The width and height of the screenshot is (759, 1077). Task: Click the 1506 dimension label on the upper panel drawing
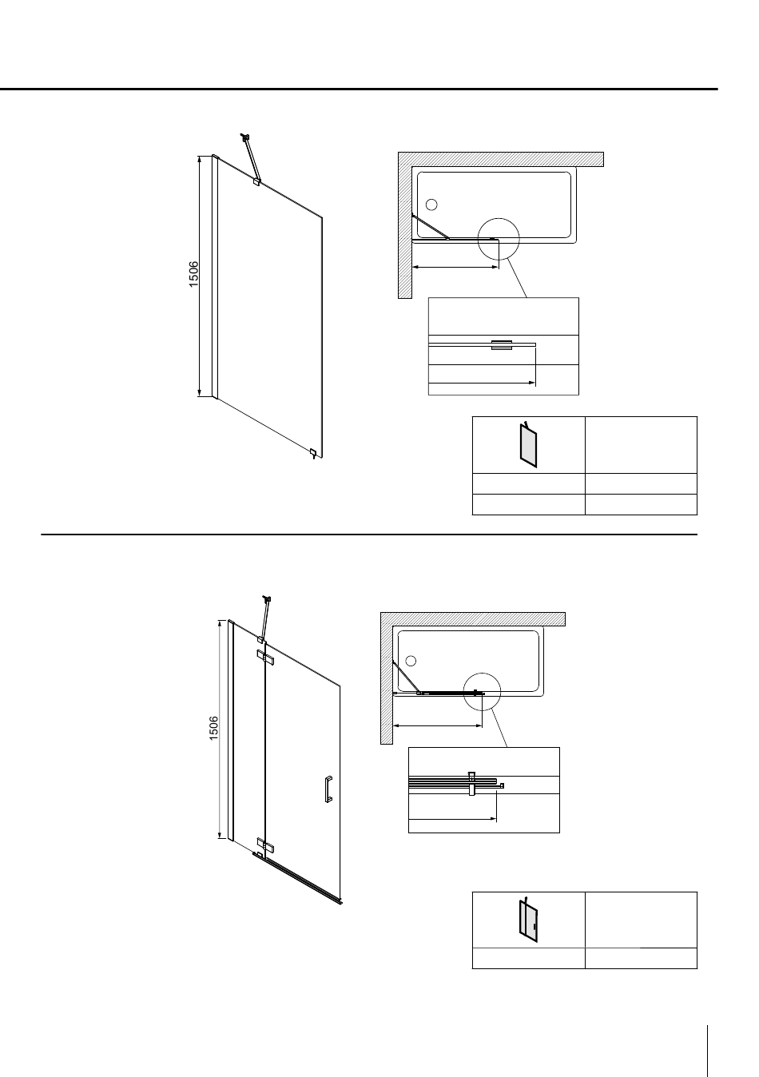[x=193, y=274]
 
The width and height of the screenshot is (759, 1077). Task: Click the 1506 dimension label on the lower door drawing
[x=214, y=729]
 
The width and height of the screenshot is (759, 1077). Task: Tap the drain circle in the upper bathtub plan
[x=431, y=205]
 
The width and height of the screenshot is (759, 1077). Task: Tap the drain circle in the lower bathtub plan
[x=411, y=661]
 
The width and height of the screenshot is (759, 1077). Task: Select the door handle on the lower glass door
[x=328, y=789]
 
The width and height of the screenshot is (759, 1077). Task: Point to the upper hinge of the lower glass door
[x=265, y=658]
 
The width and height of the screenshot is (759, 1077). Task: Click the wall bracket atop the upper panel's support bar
[x=246, y=137]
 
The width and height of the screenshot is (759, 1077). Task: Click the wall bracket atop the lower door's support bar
[x=267, y=598]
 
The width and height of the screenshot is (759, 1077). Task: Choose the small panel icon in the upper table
[x=528, y=444]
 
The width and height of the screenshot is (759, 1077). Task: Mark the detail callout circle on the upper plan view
[x=499, y=218]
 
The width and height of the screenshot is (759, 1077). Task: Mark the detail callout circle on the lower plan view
[x=482, y=673]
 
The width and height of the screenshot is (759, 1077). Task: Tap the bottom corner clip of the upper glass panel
[x=313, y=453]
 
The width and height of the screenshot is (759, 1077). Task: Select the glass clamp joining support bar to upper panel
[x=256, y=182]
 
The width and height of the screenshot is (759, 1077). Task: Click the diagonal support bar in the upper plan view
[x=430, y=226]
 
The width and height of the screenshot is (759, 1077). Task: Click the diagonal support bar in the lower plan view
[x=406, y=678]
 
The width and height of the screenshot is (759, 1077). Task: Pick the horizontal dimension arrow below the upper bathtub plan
[x=455, y=267]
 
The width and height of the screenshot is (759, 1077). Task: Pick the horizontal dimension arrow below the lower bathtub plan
[x=437, y=725]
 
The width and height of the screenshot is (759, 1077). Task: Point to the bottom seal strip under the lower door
[x=297, y=878]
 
